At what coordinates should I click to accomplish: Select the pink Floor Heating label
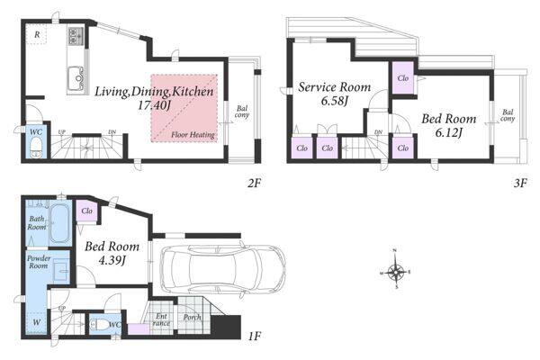click(x=193, y=135)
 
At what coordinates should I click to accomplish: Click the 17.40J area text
click(x=154, y=105)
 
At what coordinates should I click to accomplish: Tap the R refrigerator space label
click(x=37, y=34)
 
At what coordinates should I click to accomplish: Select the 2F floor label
click(x=254, y=183)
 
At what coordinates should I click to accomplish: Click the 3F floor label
click(x=520, y=183)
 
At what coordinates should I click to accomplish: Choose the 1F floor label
click(x=254, y=335)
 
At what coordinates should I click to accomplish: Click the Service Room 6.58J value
click(x=335, y=102)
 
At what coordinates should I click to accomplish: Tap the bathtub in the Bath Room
click(x=60, y=223)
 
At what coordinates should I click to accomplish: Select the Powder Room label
click(x=39, y=262)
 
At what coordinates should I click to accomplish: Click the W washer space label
click(x=37, y=322)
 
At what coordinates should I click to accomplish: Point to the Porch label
click(x=192, y=318)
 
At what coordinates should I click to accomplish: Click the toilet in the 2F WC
click(x=35, y=147)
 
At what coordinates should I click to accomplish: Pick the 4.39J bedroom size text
click(x=112, y=261)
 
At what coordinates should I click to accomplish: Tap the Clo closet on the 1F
click(x=86, y=211)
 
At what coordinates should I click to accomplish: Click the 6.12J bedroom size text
click(x=448, y=132)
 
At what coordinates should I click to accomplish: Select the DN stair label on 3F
click(x=378, y=132)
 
